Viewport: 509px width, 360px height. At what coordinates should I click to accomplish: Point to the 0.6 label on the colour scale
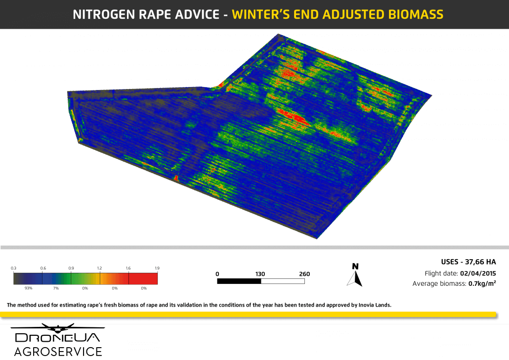43,268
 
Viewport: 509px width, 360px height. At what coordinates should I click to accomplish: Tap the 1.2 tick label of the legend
99,268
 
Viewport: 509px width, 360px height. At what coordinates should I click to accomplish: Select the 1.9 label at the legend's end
157,268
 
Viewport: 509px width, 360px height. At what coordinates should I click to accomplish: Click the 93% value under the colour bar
28,288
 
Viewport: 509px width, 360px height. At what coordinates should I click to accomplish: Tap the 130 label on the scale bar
260,274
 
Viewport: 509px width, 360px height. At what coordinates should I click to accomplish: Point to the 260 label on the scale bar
304,274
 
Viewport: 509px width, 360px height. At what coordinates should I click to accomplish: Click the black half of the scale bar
239,281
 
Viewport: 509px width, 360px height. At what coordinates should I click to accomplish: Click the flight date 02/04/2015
478,273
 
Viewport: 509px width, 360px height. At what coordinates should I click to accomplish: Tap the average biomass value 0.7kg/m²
482,284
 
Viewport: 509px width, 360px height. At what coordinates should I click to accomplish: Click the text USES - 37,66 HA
468,262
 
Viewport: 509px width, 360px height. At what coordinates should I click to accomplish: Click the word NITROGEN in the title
102,14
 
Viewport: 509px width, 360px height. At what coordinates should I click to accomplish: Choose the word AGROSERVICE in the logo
58,352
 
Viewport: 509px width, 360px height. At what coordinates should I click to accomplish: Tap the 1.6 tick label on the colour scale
128,268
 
